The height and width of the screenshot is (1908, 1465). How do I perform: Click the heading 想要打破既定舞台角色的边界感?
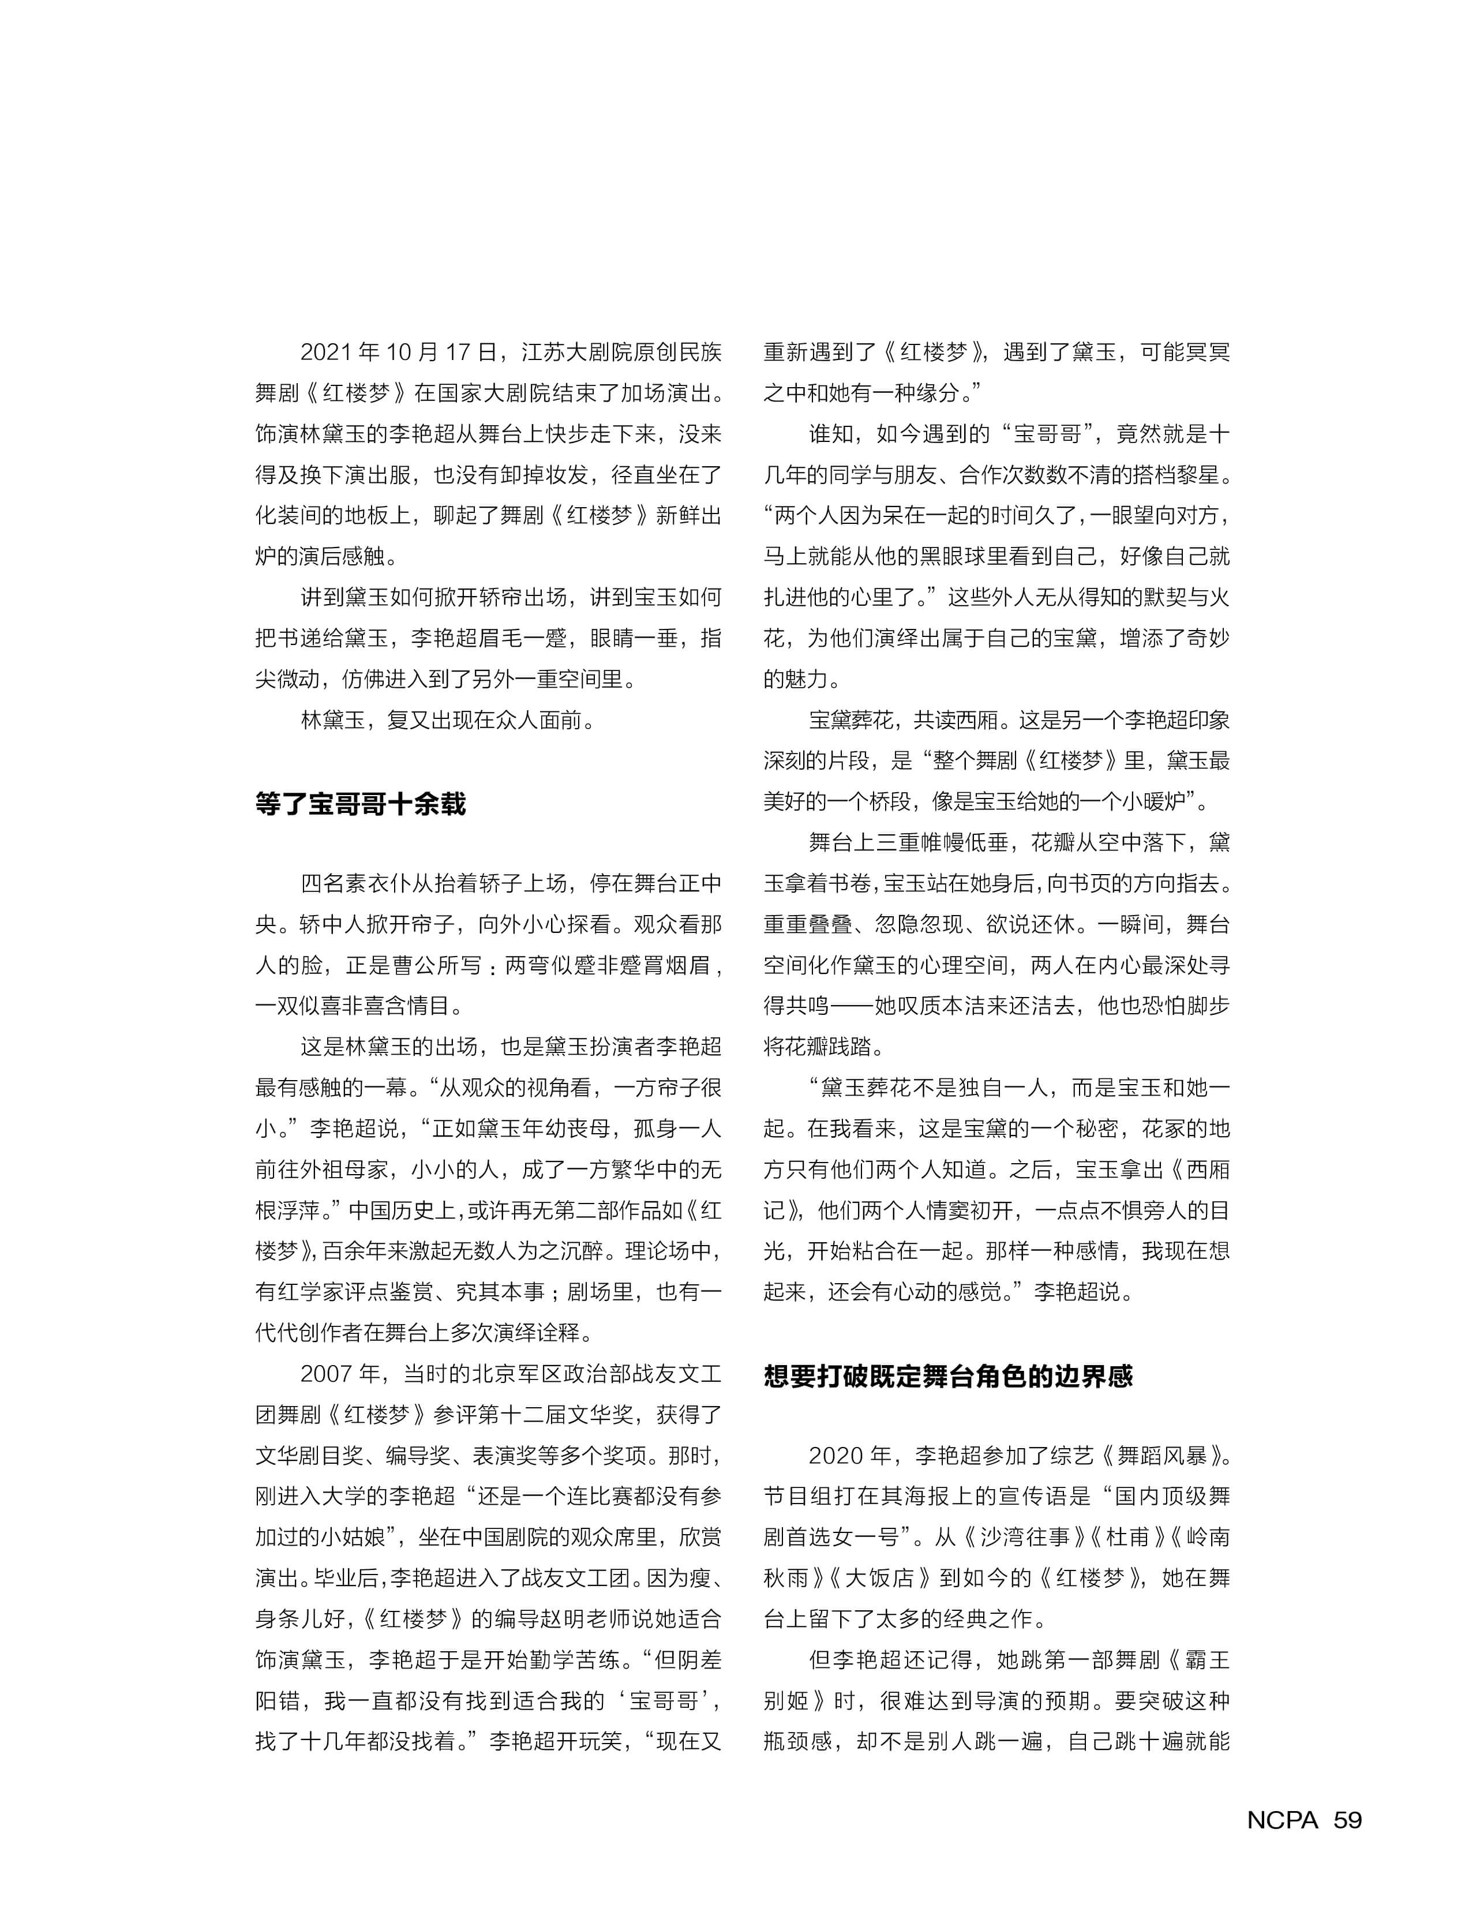click(948, 1376)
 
